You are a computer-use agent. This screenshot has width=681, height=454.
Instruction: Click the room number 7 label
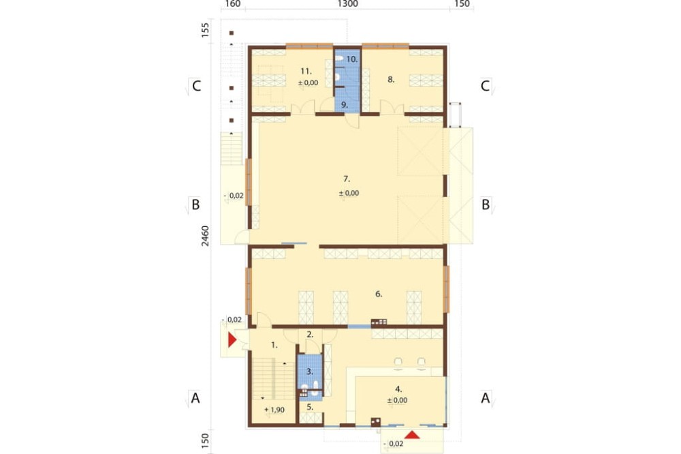pos(347,179)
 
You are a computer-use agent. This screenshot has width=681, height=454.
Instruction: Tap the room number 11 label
pos(306,71)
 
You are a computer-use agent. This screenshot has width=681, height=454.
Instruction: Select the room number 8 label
pos(391,80)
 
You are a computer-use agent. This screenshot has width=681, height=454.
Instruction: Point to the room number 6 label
pos(379,294)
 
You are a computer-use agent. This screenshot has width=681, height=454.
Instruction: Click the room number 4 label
pos(398,389)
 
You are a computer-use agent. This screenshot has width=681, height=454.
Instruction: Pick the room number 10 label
pos(352,59)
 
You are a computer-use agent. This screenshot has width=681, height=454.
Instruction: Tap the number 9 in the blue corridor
pos(345,105)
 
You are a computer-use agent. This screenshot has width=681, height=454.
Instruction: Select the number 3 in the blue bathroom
pos(310,372)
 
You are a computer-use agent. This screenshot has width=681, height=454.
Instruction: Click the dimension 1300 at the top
pos(348,4)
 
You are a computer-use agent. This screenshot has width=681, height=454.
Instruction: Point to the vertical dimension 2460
pos(205,236)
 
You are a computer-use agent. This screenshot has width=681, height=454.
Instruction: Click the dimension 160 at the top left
pos(233,4)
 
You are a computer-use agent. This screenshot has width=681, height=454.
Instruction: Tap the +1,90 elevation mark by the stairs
pos(274,410)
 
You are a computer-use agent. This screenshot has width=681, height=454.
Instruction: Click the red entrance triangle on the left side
pos(232,339)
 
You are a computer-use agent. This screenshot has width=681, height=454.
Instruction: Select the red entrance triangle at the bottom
pos(412,434)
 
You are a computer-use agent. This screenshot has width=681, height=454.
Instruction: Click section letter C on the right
pos(485,86)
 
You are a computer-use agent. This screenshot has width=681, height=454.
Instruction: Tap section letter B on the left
pos(195,205)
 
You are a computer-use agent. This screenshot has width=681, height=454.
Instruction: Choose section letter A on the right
pos(485,397)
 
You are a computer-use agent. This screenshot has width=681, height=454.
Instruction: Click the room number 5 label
pos(310,408)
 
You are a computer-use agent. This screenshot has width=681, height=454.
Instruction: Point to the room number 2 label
pos(310,335)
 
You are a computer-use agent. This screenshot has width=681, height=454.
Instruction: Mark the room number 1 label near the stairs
pos(274,346)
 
